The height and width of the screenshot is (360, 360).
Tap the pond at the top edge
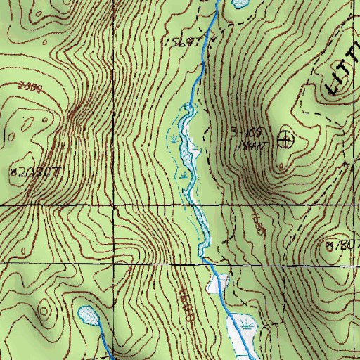point(238,4)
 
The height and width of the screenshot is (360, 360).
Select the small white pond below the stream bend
point(218,283)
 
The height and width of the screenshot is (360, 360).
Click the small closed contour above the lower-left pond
point(46,308)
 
